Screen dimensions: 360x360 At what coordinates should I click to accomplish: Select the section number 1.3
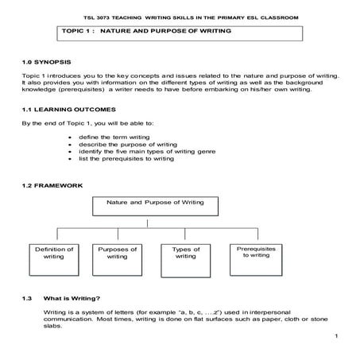point(27,299)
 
